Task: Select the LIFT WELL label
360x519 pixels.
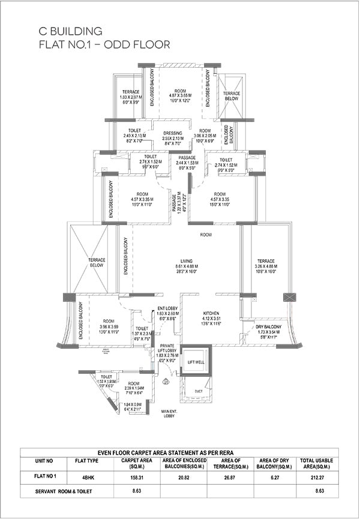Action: tap(196, 362)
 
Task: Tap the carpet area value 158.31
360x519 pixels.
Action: tap(137, 477)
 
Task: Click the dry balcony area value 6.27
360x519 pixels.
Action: tap(275, 477)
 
